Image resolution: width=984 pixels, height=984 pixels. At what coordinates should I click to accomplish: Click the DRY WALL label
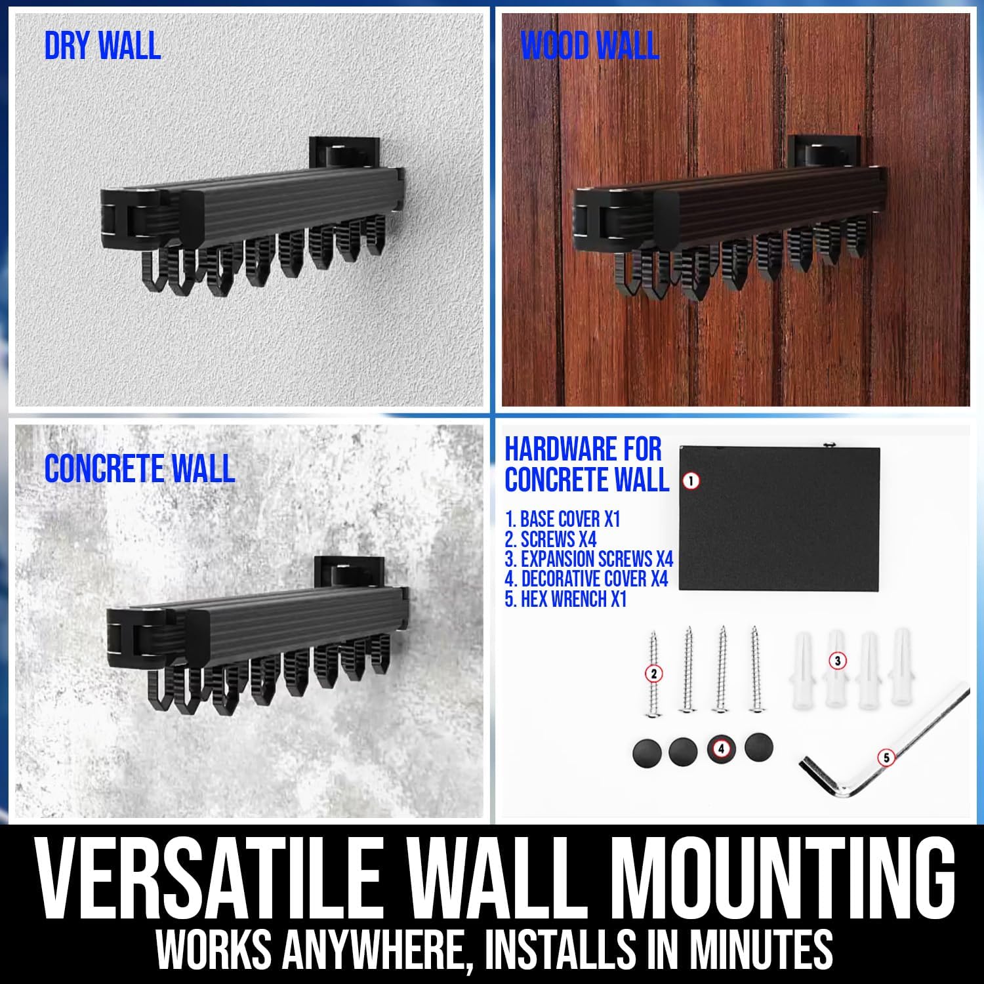point(102,45)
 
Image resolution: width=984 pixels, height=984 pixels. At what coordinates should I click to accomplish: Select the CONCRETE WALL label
point(140,468)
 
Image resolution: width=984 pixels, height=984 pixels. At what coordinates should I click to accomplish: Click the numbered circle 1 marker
point(690,481)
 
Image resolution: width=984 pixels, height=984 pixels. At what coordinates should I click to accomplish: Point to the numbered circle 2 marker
point(653,672)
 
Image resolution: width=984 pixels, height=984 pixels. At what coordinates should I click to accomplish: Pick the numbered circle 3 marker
point(837,661)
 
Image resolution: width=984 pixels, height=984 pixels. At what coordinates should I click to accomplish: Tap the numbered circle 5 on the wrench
point(886,758)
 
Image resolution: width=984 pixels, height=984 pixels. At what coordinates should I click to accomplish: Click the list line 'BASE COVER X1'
point(562,520)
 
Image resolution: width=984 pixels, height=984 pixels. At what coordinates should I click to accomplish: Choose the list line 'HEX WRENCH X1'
point(566,600)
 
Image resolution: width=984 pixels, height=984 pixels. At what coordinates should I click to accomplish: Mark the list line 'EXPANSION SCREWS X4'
point(589,560)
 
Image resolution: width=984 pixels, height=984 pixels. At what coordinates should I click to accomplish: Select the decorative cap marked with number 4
point(722,748)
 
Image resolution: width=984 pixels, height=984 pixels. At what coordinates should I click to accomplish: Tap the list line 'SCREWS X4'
point(550,540)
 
